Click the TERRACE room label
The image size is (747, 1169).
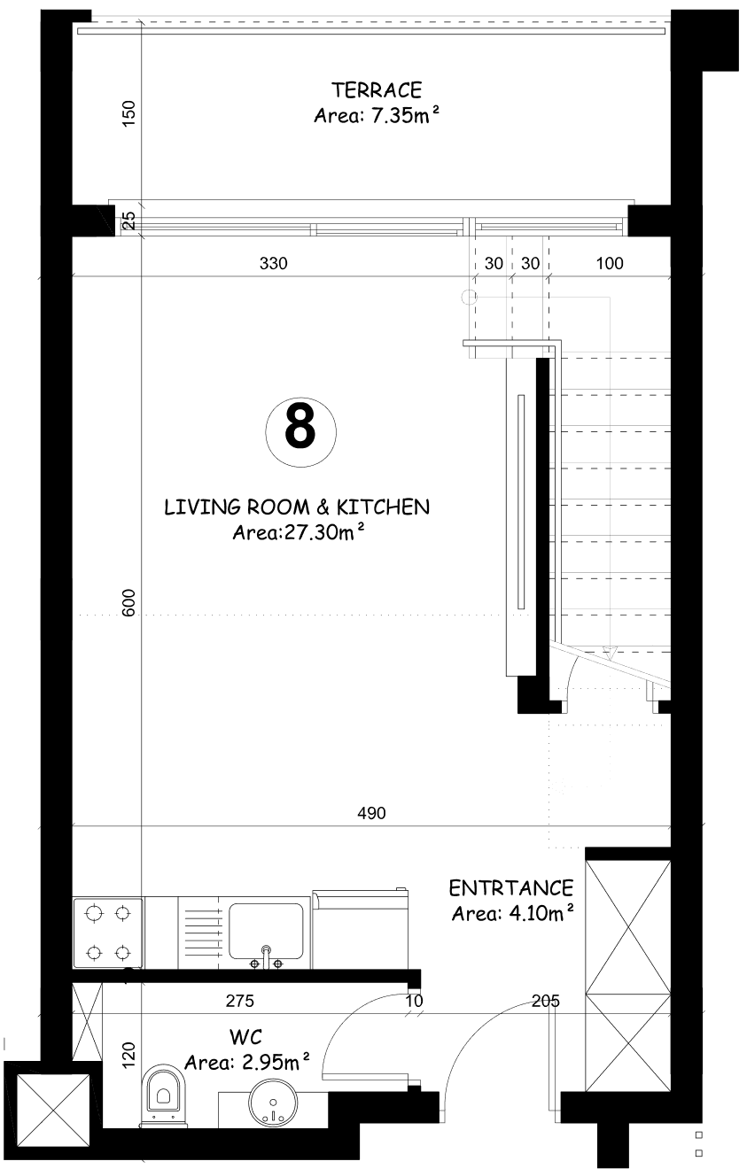(x=377, y=90)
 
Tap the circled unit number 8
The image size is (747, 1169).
(x=300, y=432)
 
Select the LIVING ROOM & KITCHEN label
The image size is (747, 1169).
(x=297, y=507)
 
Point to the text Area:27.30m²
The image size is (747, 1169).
(x=298, y=532)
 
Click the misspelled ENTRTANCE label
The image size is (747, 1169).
(x=511, y=888)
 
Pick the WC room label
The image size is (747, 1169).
(x=245, y=1037)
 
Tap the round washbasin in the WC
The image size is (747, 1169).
(x=273, y=1101)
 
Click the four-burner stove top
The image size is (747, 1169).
(x=108, y=932)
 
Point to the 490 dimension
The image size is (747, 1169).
(x=371, y=813)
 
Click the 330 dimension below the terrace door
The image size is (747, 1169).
(x=274, y=264)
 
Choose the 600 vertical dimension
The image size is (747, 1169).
(x=128, y=603)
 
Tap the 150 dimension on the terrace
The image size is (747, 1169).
(x=128, y=112)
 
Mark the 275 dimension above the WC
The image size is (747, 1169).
(x=240, y=1001)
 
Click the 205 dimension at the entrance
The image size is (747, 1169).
(x=546, y=1001)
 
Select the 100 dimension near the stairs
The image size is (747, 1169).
(x=610, y=264)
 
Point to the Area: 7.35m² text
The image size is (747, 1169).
(x=377, y=115)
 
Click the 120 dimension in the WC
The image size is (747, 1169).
(x=128, y=1054)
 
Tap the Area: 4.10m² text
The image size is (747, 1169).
(x=512, y=913)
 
